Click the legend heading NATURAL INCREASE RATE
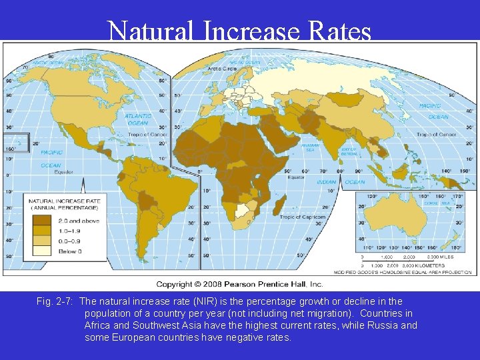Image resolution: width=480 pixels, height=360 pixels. tap(65, 200)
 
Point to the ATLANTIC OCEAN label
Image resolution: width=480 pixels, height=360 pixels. tap(137, 119)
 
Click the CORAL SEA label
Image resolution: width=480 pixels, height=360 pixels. tap(441, 203)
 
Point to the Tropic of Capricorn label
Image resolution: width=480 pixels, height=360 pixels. tap(302, 217)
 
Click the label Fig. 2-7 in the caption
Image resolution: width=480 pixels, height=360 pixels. tap(55, 301)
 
